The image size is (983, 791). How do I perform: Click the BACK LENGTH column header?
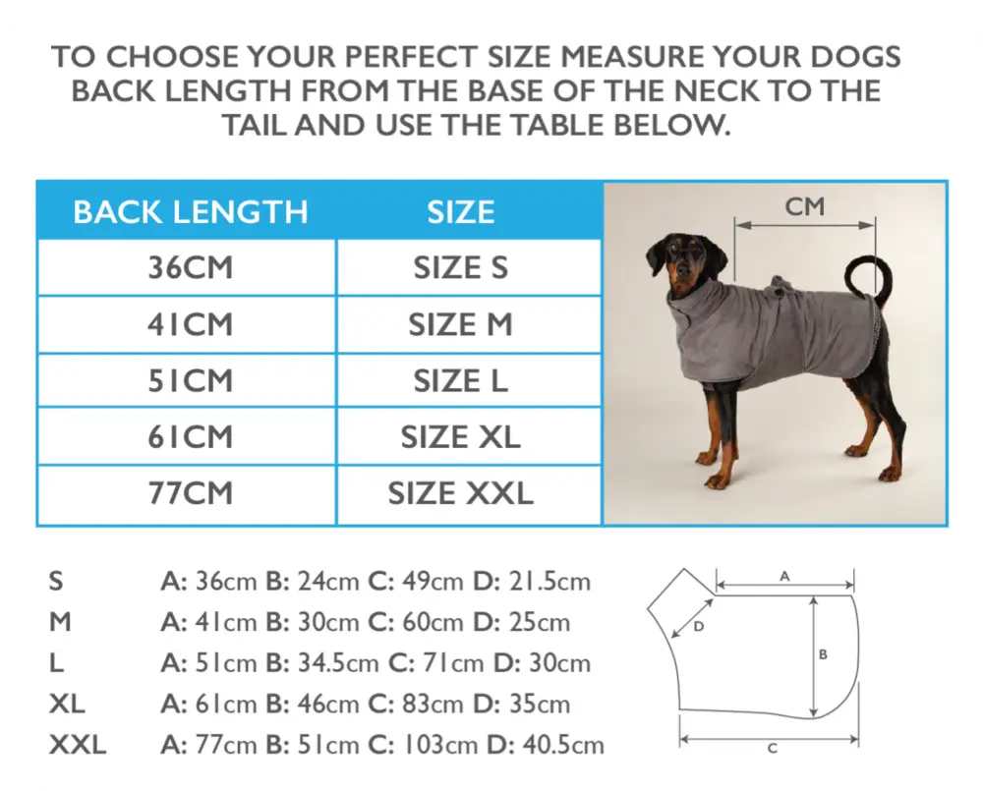click(x=191, y=211)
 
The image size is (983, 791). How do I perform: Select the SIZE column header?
click(x=460, y=211)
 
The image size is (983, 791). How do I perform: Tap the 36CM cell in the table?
click(x=191, y=267)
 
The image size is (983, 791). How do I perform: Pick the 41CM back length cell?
click(x=191, y=324)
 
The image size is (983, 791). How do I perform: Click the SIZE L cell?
click(x=460, y=380)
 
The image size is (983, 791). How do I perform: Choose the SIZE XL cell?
click(x=460, y=437)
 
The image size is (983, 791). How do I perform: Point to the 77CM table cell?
click(x=191, y=493)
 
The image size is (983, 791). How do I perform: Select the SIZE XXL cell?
click(x=460, y=493)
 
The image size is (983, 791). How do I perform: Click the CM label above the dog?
click(x=805, y=207)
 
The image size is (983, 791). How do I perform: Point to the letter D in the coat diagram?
click(x=698, y=626)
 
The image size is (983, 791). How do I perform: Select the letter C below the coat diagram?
click(x=772, y=749)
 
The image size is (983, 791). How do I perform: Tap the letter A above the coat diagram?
click(x=784, y=577)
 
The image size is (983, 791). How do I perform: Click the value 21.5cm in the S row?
click(x=549, y=582)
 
